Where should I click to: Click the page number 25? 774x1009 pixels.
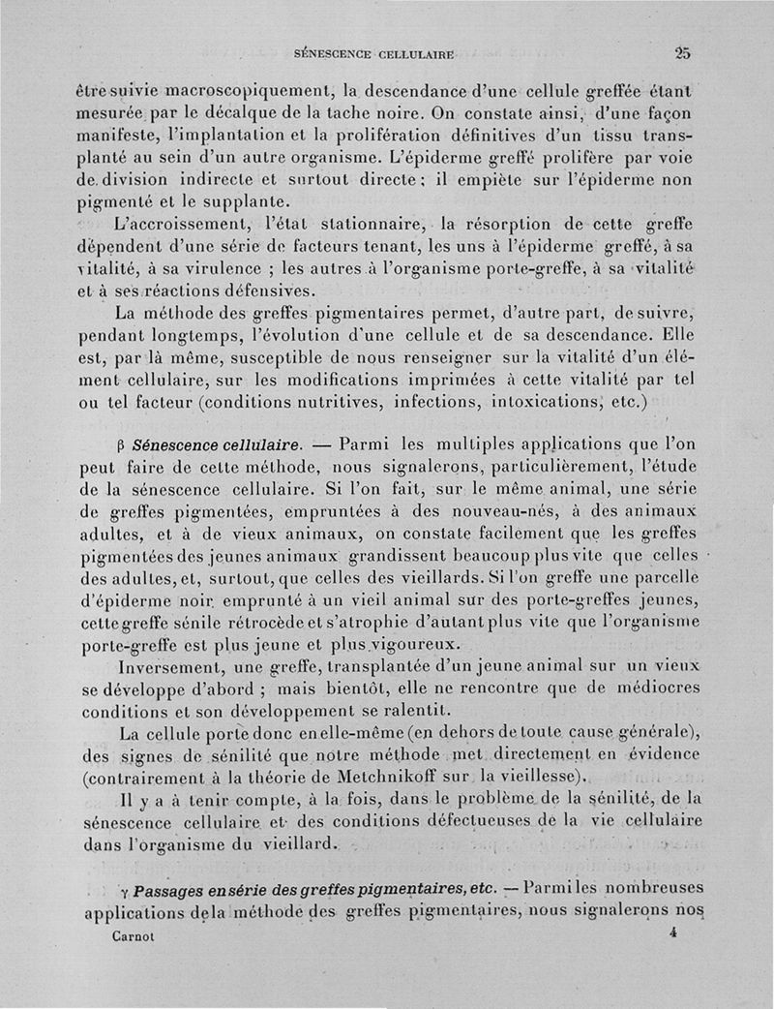tap(683, 53)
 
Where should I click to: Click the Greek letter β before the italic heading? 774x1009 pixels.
tap(120, 446)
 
